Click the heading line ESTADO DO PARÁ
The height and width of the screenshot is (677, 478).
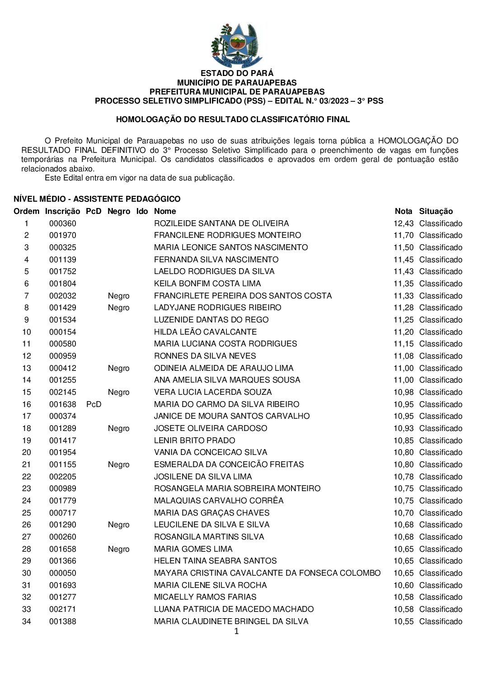237,73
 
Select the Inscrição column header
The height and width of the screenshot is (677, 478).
62,211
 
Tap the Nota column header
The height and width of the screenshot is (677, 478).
403,211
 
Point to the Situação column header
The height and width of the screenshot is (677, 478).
436,211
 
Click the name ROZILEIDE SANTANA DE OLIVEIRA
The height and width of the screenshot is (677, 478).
221,223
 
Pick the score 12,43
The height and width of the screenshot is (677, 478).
403,223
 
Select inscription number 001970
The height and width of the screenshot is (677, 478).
63,235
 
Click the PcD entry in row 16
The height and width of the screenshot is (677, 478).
94,404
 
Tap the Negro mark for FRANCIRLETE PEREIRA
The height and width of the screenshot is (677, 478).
118,296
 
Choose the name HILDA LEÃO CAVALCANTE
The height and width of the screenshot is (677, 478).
205,332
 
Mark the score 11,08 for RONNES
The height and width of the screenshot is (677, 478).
403,356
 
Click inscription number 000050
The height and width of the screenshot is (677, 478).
63,573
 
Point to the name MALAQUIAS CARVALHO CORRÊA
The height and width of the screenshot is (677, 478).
219,501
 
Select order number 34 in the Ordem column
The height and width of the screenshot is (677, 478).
27,621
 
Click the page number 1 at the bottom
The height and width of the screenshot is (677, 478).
236,631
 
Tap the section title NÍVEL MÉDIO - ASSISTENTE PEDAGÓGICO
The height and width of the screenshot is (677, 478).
97,199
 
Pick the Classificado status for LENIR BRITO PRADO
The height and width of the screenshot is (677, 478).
441,440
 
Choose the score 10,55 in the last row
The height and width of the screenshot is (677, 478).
403,621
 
